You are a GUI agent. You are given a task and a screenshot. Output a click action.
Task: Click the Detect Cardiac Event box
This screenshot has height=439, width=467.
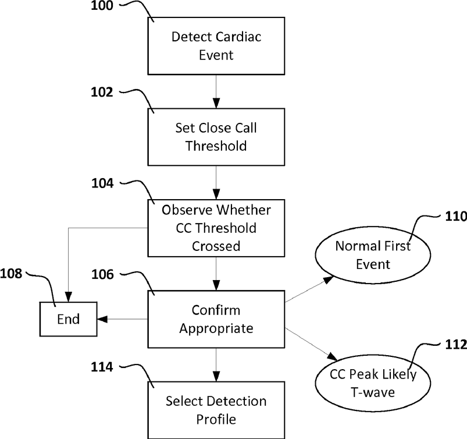[x=216, y=46]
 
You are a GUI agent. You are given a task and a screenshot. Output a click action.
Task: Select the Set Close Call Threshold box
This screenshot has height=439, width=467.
[x=216, y=137]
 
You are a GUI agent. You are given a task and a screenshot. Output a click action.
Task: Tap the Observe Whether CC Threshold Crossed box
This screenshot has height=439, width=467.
[x=216, y=228]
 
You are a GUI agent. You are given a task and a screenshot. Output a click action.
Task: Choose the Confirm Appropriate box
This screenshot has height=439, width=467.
[x=216, y=319]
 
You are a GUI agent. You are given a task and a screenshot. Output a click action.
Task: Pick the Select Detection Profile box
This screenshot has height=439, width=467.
[x=216, y=410]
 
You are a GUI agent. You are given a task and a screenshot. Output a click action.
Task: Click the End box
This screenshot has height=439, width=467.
[x=68, y=319]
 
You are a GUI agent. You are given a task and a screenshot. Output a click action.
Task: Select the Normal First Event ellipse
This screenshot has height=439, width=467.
[x=373, y=255]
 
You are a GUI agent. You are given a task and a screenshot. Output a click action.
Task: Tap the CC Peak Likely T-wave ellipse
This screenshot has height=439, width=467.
[x=373, y=383]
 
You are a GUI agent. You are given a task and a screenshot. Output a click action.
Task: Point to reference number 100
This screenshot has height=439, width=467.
[x=102, y=6]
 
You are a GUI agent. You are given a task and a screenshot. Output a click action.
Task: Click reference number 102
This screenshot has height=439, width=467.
[x=102, y=92]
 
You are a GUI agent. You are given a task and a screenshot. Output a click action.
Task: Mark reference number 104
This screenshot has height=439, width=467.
[x=102, y=183]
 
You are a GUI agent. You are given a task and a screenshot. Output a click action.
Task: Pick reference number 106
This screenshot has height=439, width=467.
[x=102, y=274]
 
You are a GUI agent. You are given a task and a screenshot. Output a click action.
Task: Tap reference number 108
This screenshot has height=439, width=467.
[x=11, y=274]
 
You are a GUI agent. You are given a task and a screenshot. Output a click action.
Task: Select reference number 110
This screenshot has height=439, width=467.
[x=456, y=216]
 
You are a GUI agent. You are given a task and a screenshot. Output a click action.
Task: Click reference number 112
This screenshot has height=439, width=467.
[x=456, y=345]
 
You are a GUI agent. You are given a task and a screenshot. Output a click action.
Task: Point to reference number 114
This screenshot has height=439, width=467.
[x=102, y=367]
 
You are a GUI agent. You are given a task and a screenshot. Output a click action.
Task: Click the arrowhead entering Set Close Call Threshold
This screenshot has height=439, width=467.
[x=216, y=103]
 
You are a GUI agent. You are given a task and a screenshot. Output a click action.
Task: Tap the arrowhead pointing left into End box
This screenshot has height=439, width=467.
[x=102, y=319]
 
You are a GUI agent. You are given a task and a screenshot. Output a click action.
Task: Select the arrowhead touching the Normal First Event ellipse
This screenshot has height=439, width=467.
[x=329, y=279]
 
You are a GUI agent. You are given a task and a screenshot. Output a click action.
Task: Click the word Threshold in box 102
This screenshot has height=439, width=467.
[x=216, y=146]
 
